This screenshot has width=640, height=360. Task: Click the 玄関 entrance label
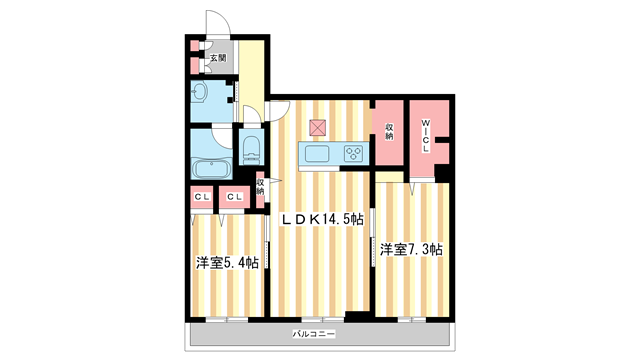[x=218, y=58]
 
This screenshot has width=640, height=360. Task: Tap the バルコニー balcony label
[x=314, y=334]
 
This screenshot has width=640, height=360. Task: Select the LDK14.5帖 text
[x=321, y=219]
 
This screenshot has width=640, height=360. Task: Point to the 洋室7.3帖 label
[x=411, y=249]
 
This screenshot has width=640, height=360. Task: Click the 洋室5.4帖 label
[x=227, y=262]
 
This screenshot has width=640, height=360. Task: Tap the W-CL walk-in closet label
[x=425, y=136]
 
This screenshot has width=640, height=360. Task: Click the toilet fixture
[x=251, y=150]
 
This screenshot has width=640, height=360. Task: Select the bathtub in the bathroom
[x=211, y=168]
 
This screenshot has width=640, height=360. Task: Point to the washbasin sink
[x=200, y=92]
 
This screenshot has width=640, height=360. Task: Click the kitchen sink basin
[x=317, y=154]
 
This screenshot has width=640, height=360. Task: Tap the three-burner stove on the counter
[x=353, y=154]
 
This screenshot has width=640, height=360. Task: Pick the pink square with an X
[x=318, y=128]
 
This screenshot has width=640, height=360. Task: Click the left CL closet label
[x=202, y=197]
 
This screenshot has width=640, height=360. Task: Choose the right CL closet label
[x=234, y=197]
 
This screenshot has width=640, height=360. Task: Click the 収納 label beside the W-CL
[x=389, y=132]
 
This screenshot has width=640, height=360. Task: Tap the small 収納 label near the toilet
[x=260, y=187]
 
